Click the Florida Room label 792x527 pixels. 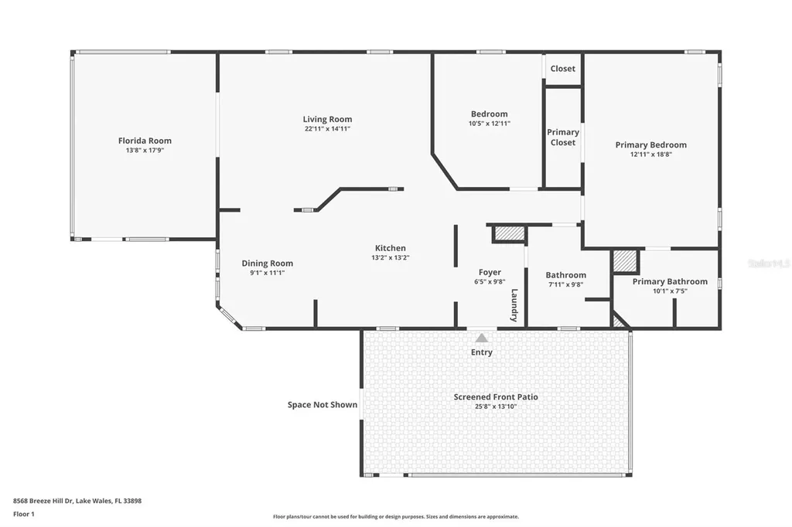[145, 141]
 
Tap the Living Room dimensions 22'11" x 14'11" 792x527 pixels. [327, 129]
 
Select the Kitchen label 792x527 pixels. [391, 248]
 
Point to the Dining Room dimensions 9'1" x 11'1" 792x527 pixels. [267, 273]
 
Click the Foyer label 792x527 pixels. [490, 273]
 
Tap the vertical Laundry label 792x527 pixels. [514, 305]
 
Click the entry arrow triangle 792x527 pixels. [482, 338]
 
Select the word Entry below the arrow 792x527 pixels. [482, 352]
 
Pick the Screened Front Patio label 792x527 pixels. [496, 396]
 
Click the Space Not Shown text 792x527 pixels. [323, 405]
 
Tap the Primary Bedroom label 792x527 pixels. [651, 144]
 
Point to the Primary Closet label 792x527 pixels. [563, 138]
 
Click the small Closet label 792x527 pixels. [563, 69]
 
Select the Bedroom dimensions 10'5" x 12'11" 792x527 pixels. [490, 123]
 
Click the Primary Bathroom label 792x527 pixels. [670, 282]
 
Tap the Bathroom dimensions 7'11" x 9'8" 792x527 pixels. [565, 284]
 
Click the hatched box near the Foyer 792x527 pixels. [509, 233]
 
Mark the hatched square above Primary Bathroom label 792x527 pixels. [625, 261]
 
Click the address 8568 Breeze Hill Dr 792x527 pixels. [43, 501]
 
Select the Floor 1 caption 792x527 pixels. [24, 515]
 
